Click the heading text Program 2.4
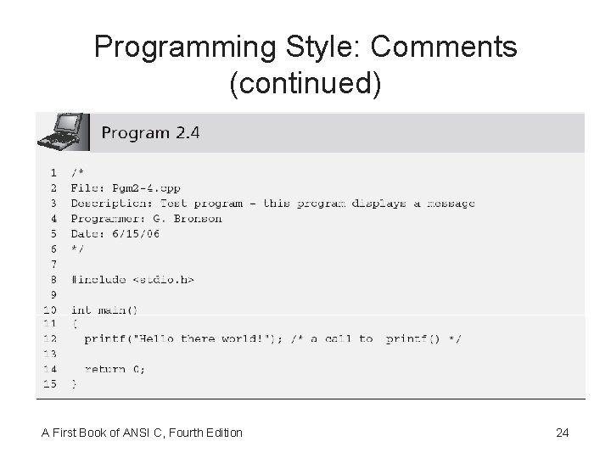point(150,133)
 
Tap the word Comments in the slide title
point(444,47)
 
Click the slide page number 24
point(562,433)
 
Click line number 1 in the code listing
point(53,172)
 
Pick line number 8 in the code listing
point(53,279)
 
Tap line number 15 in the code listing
point(50,384)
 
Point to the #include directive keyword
point(99,279)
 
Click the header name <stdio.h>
point(163,279)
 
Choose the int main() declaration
point(104,310)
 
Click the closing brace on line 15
point(74,384)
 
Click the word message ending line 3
point(450,203)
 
